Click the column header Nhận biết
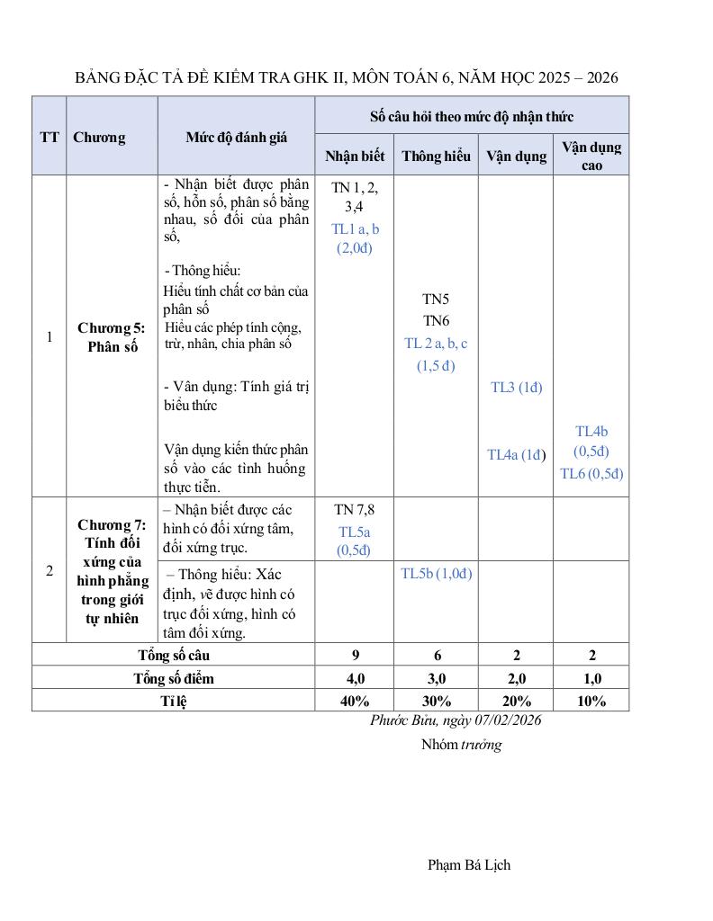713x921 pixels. tap(355, 156)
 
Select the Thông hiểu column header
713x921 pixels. tap(436, 156)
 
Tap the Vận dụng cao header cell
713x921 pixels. tap(591, 156)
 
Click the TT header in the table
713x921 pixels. tap(50, 138)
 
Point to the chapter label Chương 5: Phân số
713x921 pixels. tap(112, 337)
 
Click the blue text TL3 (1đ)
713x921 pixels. tap(517, 388)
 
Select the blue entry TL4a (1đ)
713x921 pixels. tap(517, 454)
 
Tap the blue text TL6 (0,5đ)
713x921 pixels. tap(591, 474)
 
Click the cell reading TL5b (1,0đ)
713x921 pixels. tap(437, 574)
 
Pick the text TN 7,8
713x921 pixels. tap(354, 509)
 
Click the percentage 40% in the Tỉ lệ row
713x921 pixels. tap(355, 702)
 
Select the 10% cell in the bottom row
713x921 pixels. tap(591, 702)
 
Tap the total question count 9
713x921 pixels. tap(355, 655)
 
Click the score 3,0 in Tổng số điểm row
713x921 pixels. tap(437, 678)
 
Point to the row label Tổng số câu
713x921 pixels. tap(174, 655)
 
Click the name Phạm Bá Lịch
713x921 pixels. tap(469, 865)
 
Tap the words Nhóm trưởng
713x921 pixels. tap(461, 745)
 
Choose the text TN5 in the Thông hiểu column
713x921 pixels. tap(437, 300)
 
